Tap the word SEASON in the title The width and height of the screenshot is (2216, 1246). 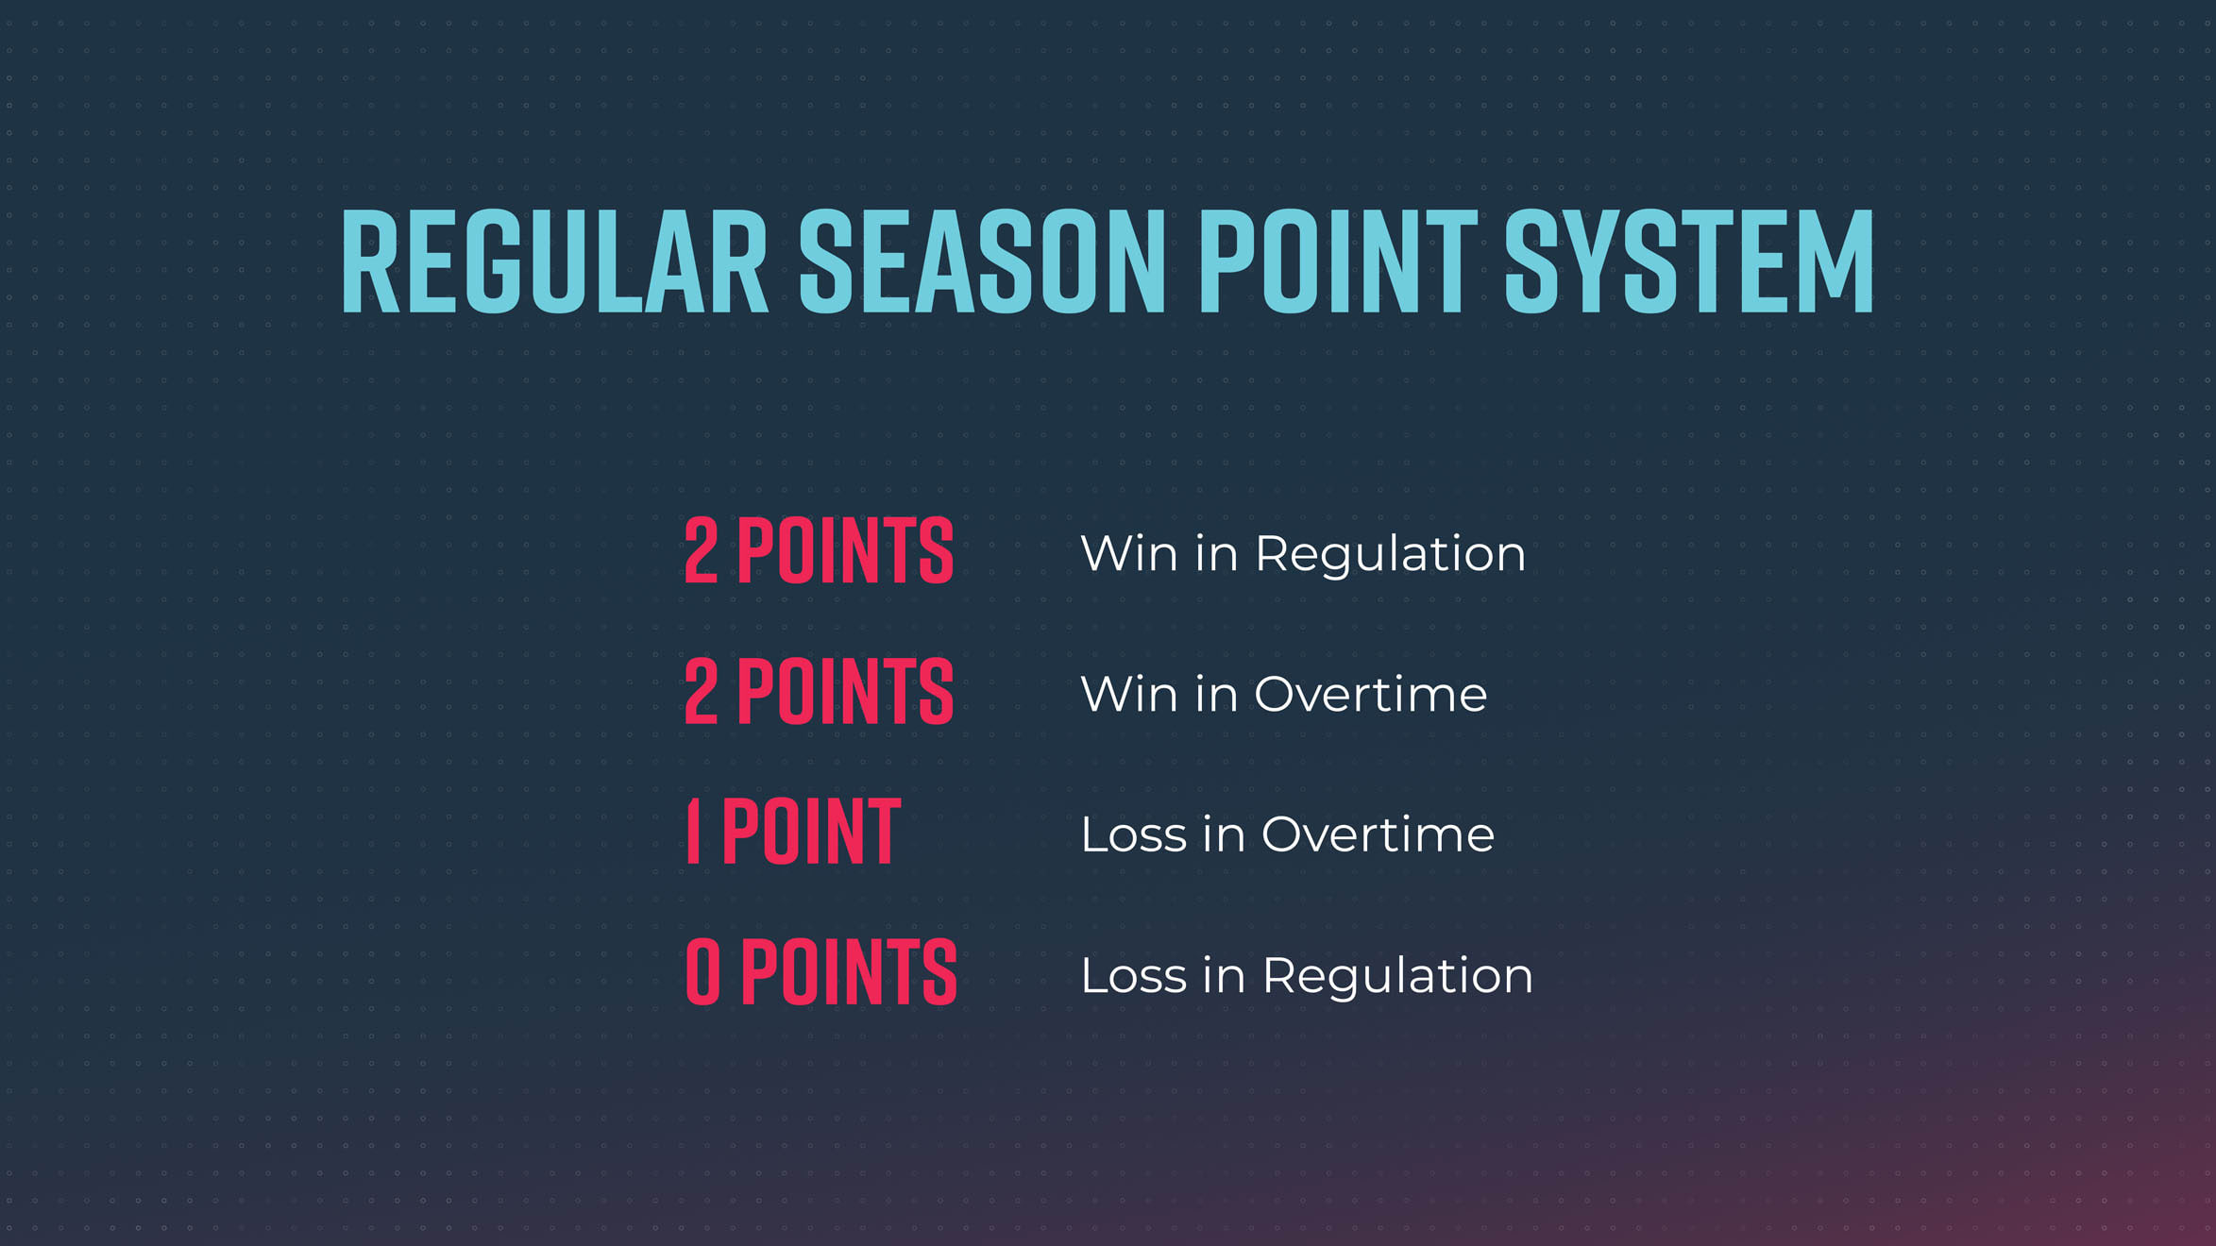[x=982, y=261]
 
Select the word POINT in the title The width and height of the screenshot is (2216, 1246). [x=1337, y=261]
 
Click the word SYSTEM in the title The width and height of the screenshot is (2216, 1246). [x=1688, y=261]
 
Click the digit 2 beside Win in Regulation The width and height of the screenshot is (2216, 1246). [x=701, y=550]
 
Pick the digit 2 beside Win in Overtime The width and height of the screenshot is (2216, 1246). [x=701, y=692]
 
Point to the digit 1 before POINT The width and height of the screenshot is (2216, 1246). [x=694, y=831]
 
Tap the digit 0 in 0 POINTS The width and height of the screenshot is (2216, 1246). [x=702, y=971]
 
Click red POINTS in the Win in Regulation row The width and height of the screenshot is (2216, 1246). [x=845, y=550]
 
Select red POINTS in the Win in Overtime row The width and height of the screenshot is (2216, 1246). [x=845, y=692]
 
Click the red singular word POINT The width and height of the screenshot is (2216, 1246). [x=811, y=831]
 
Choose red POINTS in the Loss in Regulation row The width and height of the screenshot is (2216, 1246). [x=849, y=971]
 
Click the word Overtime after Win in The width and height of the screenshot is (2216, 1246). [x=1370, y=695]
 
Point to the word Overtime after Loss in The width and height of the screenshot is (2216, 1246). [x=1378, y=835]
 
